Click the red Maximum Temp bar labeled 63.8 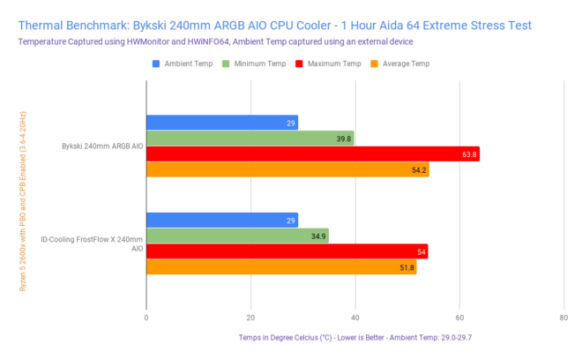[x=313, y=154]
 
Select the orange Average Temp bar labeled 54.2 [x=287, y=169]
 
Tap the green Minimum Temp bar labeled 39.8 [x=250, y=139]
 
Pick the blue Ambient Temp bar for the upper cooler [x=222, y=123]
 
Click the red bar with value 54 [x=287, y=251]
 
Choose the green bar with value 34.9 [x=237, y=236]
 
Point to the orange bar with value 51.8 [x=281, y=267]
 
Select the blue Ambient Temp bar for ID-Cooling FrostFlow [x=222, y=220]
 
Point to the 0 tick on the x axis [x=146, y=318]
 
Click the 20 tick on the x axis [x=250, y=318]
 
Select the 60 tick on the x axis [x=459, y=318]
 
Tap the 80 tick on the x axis [x=563, y=318]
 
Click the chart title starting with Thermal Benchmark [x=274, y=25]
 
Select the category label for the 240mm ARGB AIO [x=102, y=146]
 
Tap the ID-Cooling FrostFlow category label [x=92, y=244]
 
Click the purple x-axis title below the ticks [x=354, y=337]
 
